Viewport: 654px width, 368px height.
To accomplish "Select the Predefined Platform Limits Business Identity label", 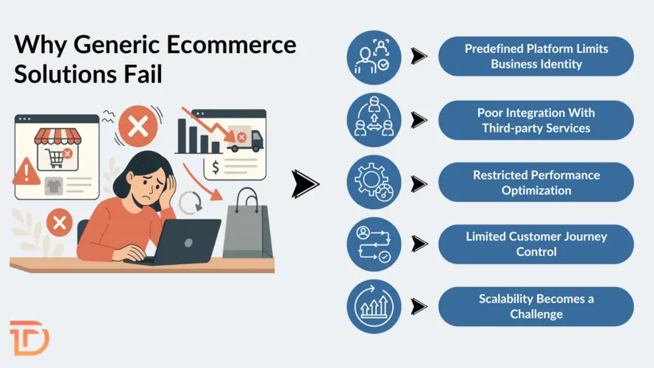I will (535, 57).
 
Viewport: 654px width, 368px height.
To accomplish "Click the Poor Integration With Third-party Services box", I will (535, 120).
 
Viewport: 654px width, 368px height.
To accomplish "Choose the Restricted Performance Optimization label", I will (535, 183).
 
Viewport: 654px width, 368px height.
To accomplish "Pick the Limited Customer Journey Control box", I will (535, 244).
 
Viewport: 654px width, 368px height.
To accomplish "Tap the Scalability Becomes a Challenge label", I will (535, 306).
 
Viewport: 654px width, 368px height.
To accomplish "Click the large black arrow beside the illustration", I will (305, 184).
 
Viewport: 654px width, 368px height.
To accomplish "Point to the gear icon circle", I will (374, 183).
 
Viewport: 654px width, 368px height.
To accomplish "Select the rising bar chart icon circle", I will (374, 306).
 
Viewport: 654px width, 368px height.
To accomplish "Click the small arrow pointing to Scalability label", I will (419, 306).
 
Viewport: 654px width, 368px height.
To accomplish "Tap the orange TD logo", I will (29, 338).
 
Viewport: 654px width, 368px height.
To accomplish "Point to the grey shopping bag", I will (248, 225).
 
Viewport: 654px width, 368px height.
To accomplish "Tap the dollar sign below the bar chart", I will (216, 168).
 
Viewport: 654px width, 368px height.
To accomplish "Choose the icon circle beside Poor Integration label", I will (374, 120).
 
